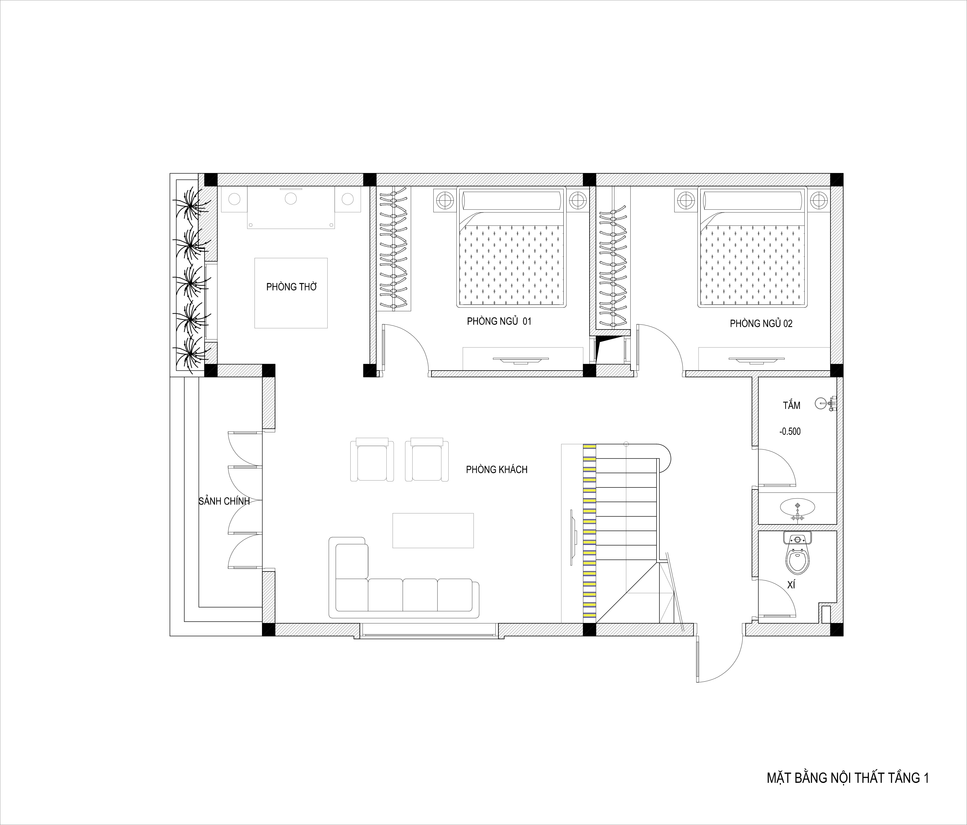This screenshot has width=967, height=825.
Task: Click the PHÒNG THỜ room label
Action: click(291, 287)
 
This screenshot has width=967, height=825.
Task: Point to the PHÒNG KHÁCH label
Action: click(497, 470)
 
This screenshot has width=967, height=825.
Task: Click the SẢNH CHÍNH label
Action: click(224, 501)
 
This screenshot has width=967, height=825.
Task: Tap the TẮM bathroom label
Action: click(791, 405)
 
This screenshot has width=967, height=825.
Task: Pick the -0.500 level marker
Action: click(790, 431)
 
